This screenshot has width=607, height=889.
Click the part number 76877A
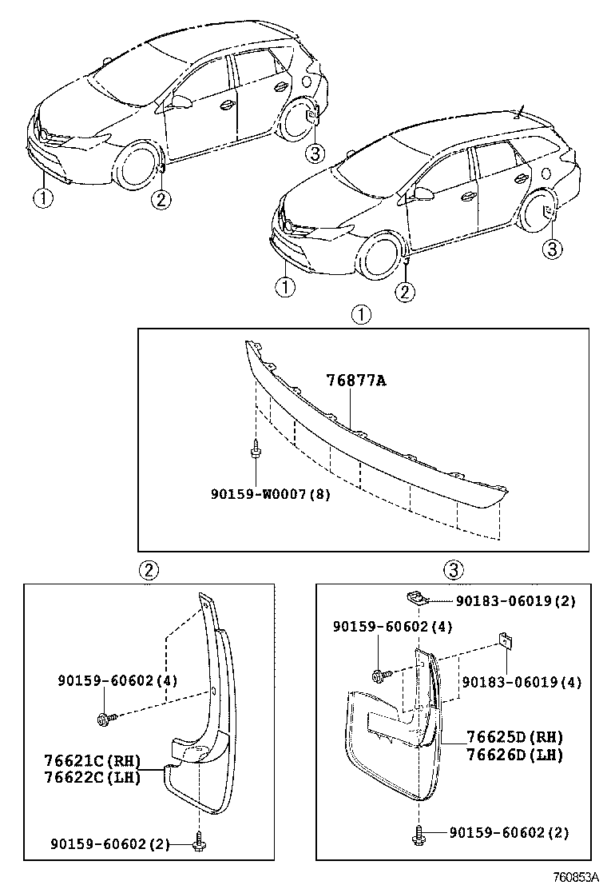click(x=355, y=381)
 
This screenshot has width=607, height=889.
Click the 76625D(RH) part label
click(x=514, y=738)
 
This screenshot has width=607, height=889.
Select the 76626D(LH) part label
click(x=514, y=754)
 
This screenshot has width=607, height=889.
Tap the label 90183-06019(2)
click(x=515, y=600)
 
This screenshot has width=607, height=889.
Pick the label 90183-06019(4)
click(x=522, y=682)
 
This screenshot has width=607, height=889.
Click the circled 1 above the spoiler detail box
click(x=362, y=315)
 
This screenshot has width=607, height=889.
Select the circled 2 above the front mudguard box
click(x=149, y=569)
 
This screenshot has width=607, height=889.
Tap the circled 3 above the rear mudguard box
click(x=454, y=569)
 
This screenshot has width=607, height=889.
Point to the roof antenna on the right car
click(x=522, y=111)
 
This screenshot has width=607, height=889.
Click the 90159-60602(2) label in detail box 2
click(x=110, y=843)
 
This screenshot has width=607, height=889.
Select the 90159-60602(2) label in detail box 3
click(x=509, y=833)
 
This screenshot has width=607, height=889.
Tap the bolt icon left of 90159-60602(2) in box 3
click(x=417, y=835)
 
